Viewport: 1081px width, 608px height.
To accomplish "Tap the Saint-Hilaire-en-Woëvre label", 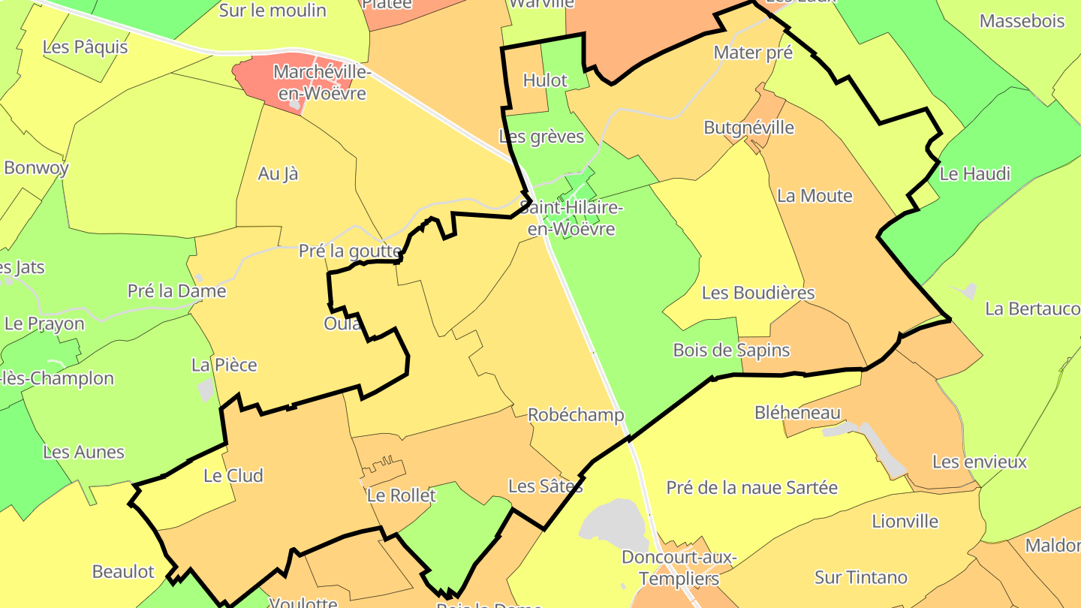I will pos(571,218).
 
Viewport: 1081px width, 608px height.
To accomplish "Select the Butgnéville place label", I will pos(748,127).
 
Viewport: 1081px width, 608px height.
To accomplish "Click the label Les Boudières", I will pos(758,292).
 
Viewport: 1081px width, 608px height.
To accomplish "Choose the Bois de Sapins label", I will pos(731,349).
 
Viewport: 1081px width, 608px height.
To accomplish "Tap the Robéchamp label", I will pos(576,414).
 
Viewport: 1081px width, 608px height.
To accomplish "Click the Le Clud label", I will pos(233,475).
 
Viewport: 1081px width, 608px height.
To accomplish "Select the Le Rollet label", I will pos(401,495).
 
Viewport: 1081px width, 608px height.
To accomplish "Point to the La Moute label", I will pos(815,196).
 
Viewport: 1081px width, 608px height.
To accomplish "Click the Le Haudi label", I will pos(975,173).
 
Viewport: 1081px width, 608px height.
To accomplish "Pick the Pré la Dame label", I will pos(176,290).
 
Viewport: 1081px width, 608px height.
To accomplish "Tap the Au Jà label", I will pos(278,173).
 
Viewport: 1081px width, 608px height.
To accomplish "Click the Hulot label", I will pos(545,80).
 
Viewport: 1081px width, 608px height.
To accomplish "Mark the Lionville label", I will pos(905,520).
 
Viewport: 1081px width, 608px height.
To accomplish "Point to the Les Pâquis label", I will pos(86,47).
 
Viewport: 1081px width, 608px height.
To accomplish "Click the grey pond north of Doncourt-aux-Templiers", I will pos(614,522).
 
